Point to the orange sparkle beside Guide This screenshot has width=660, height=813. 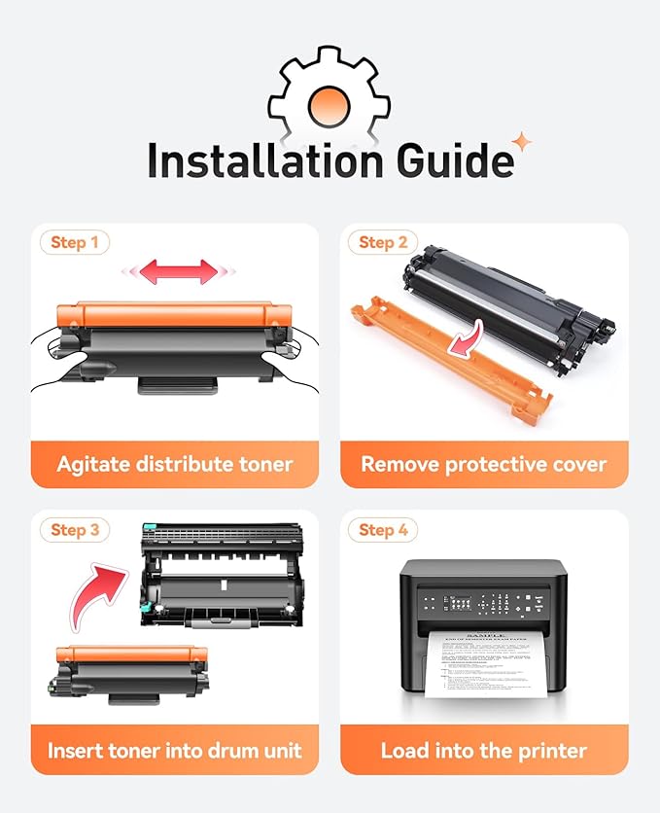[523, 143]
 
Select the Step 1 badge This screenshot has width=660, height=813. [75, 242]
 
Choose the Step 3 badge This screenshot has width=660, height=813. [75, 529]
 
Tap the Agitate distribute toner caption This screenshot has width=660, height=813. [175, 464]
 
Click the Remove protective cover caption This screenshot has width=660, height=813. [484, 464]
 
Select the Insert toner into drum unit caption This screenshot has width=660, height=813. [175, 751]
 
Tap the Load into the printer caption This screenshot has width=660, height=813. [484, 751]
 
